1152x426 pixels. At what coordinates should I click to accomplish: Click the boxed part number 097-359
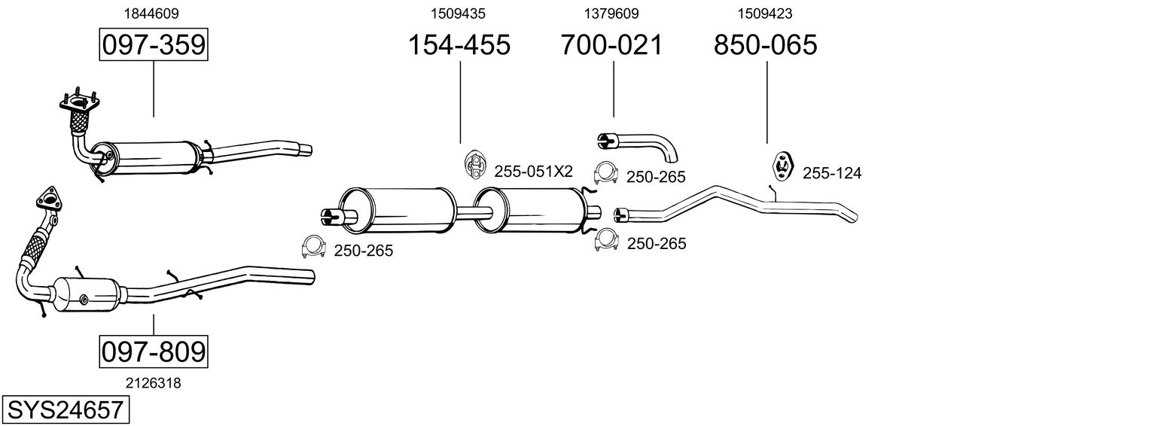pyautogui.click(x=154, y=45)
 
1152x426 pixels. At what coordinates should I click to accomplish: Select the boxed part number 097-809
pyautogui.click(x=154, y=351)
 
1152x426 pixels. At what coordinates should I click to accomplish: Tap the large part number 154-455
pyautogui.click(x=459, y=45)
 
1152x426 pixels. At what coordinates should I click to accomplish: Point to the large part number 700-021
pyautogui.click(x=612, y=45)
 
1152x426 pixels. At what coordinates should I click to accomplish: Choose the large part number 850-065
pyautogui.click(x=766, y=45)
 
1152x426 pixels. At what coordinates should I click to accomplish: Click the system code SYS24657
pyautogui.click(x=65, y=410)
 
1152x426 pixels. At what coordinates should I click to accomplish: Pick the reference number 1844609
pyautogui.click(x=151, y=13)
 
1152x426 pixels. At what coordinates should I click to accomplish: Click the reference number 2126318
pyautogui.click(x=153, y=383)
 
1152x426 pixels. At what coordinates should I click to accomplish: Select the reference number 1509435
pyautogui.click(x=458, y=13)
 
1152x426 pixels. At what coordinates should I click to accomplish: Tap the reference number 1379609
pyautogui.click(x=611, y=13)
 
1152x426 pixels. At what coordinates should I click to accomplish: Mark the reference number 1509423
pyautogui.click(x=765, y=13)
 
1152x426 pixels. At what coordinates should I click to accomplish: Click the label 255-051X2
pyautogui.click(x=534, y=172)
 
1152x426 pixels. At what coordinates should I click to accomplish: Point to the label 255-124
pyautogui.click(x=832, y=174)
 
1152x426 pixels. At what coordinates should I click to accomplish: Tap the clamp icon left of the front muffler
pyautogui.click(x=312, y=246)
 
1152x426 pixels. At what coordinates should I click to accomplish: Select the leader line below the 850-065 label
pyautogui.click(x=766, y=102)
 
